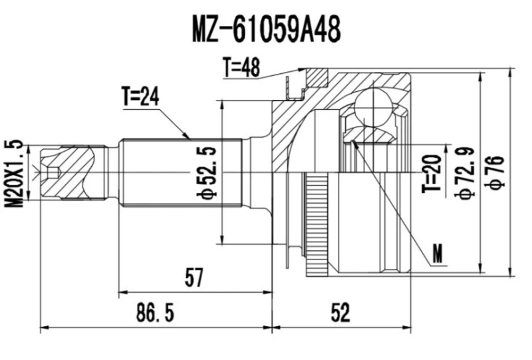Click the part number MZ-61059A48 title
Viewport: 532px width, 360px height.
(266, 29)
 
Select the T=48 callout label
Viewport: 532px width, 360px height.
(241, 67)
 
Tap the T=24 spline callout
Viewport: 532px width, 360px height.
(140, 98)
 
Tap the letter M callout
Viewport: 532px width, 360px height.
(437, 253)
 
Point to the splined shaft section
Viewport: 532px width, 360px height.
(180, 172)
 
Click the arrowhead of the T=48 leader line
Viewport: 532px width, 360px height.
(305, 70)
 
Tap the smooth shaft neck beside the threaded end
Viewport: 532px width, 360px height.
(113, 172)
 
